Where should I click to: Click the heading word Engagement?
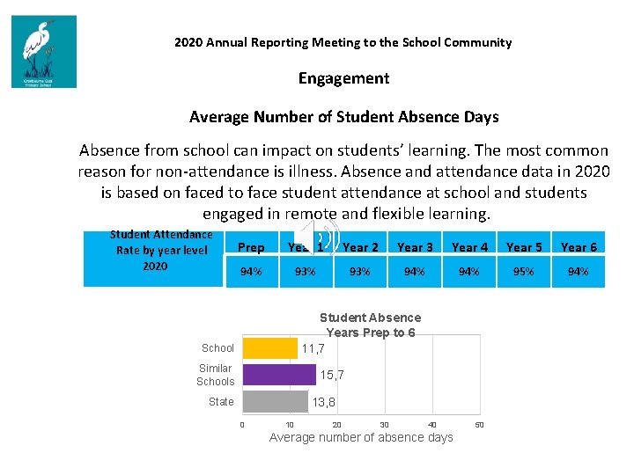pyautogui.click(x=343, y=78)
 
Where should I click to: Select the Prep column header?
pyautogui.click(x=251, y=247)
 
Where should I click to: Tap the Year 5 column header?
pyautogui.click(x=524, y=247)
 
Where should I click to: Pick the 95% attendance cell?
pyautogui.click(x=524, y=272)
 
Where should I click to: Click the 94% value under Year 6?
pyautogui.click(x=579, y=272)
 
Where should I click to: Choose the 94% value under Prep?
pyautogui.click(x=251, y=272)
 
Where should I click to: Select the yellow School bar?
pyautogui.click(x=269, y=348)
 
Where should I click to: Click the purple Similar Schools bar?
pyautogui.click(x=278, y=375)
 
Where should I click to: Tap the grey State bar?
pyautogui.click(x=274, y=401)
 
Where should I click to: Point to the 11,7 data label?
pyautogui.click(x=313, y=349)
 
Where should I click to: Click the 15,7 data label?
pyautogui.click(x=332, y=376)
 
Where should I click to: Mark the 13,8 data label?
pyautogui.click(x=323, y=402)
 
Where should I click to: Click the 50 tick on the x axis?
pyautogui.click(x=479, y=425)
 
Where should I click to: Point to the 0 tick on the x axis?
pyautogui.click(x=242, y=425)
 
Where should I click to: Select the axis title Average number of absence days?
pyautogui.click(x=361, y=437)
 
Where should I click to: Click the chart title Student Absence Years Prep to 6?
pyautogui.click(x=370, y=325)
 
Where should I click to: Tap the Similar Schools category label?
pyautogui.click(x=216, y=375)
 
